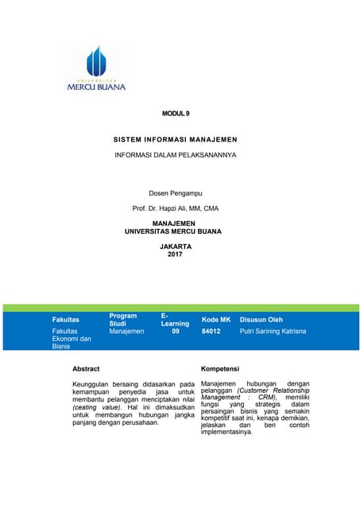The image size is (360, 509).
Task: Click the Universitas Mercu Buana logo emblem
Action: coord(95,60)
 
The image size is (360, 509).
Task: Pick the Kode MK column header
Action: coord(215,320)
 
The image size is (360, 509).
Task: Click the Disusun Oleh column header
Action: coord(261,320)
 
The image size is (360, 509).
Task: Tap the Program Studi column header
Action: coord(122,320)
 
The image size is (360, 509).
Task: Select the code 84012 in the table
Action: coord(211,330)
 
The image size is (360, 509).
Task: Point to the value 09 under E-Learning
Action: coord(176,330)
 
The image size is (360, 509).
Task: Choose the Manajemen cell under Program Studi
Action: coord(126,330)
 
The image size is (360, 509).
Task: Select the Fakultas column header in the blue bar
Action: coord(65,320)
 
